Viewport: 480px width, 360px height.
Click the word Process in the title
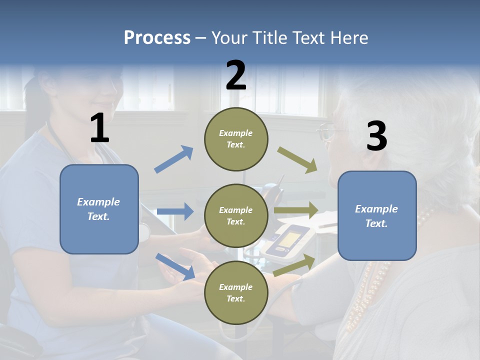pyautogui.click(x=157, y=38)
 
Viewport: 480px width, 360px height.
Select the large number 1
pyautogui.click(x=99, y=129)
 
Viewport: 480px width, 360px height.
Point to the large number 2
pyautogui.click(x=236, y=75)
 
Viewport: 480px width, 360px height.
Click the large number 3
pyautogui.click(x=376, y=136)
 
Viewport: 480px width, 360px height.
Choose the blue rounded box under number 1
pyautogui.click(x=99, y=209)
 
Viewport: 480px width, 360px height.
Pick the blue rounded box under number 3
pyautogui.click(x=377, y=215)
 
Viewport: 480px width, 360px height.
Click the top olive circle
pyautogui.click(x=236, y=139)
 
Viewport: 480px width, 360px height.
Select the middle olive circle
pyautogui.click(x=236, y=215)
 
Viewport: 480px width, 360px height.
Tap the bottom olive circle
pyautogui.click(x=236, y=292)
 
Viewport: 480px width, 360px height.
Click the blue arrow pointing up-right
pyautogui.click(x=174, y=159)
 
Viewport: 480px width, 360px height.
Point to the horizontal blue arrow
pyautogui.click(x=175, y=211)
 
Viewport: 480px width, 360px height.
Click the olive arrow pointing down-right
pyautogui.click(x=297, y=160)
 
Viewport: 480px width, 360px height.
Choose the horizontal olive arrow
pyautogui.click(x=296, y=210)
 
